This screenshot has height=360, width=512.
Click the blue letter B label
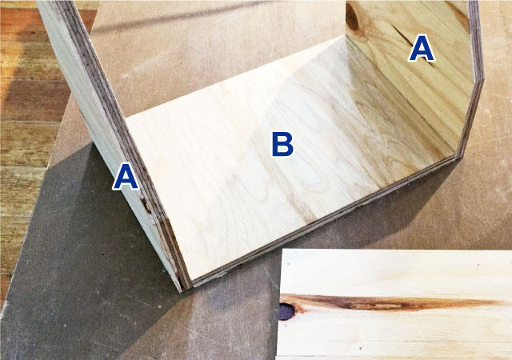coord(282,144)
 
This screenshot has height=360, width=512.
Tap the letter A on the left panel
coord(126,177)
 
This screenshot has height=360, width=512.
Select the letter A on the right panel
coord(422,48)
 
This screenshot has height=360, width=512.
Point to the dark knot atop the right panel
coord(352,18)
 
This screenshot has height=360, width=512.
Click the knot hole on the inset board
coord(286,311)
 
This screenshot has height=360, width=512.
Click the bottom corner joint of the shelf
coord(186,285)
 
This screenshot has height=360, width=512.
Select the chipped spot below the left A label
coord(146,205)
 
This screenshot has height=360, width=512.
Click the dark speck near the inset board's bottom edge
coord(361,349)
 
